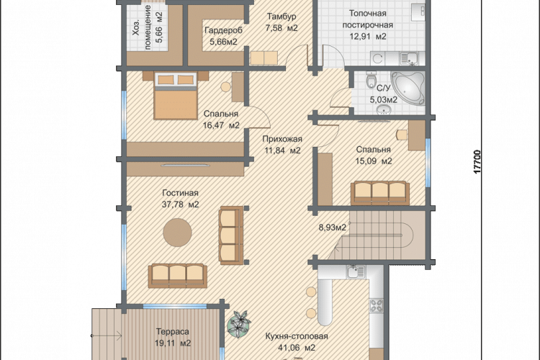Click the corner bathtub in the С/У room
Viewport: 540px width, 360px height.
408,88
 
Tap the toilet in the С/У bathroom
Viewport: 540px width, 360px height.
372,80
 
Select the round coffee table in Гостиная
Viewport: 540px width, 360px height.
177,233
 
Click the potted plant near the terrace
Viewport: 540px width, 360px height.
238,324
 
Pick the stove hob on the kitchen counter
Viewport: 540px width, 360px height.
377,305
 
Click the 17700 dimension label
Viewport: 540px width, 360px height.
477,161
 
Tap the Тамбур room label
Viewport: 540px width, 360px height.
282,16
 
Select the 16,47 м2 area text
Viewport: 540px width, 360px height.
221,125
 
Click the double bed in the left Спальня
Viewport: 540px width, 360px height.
176,96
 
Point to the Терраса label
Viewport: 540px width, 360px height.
173,332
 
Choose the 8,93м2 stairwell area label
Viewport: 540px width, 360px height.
333,228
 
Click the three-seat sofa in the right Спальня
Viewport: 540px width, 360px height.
380,193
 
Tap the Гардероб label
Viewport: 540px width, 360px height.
223,30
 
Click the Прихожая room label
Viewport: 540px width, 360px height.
282,139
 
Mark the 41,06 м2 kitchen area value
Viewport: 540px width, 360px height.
296,348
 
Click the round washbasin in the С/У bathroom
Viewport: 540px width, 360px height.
384,110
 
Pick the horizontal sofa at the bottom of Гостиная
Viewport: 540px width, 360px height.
178,276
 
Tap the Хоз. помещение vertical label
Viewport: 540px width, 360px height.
148,27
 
